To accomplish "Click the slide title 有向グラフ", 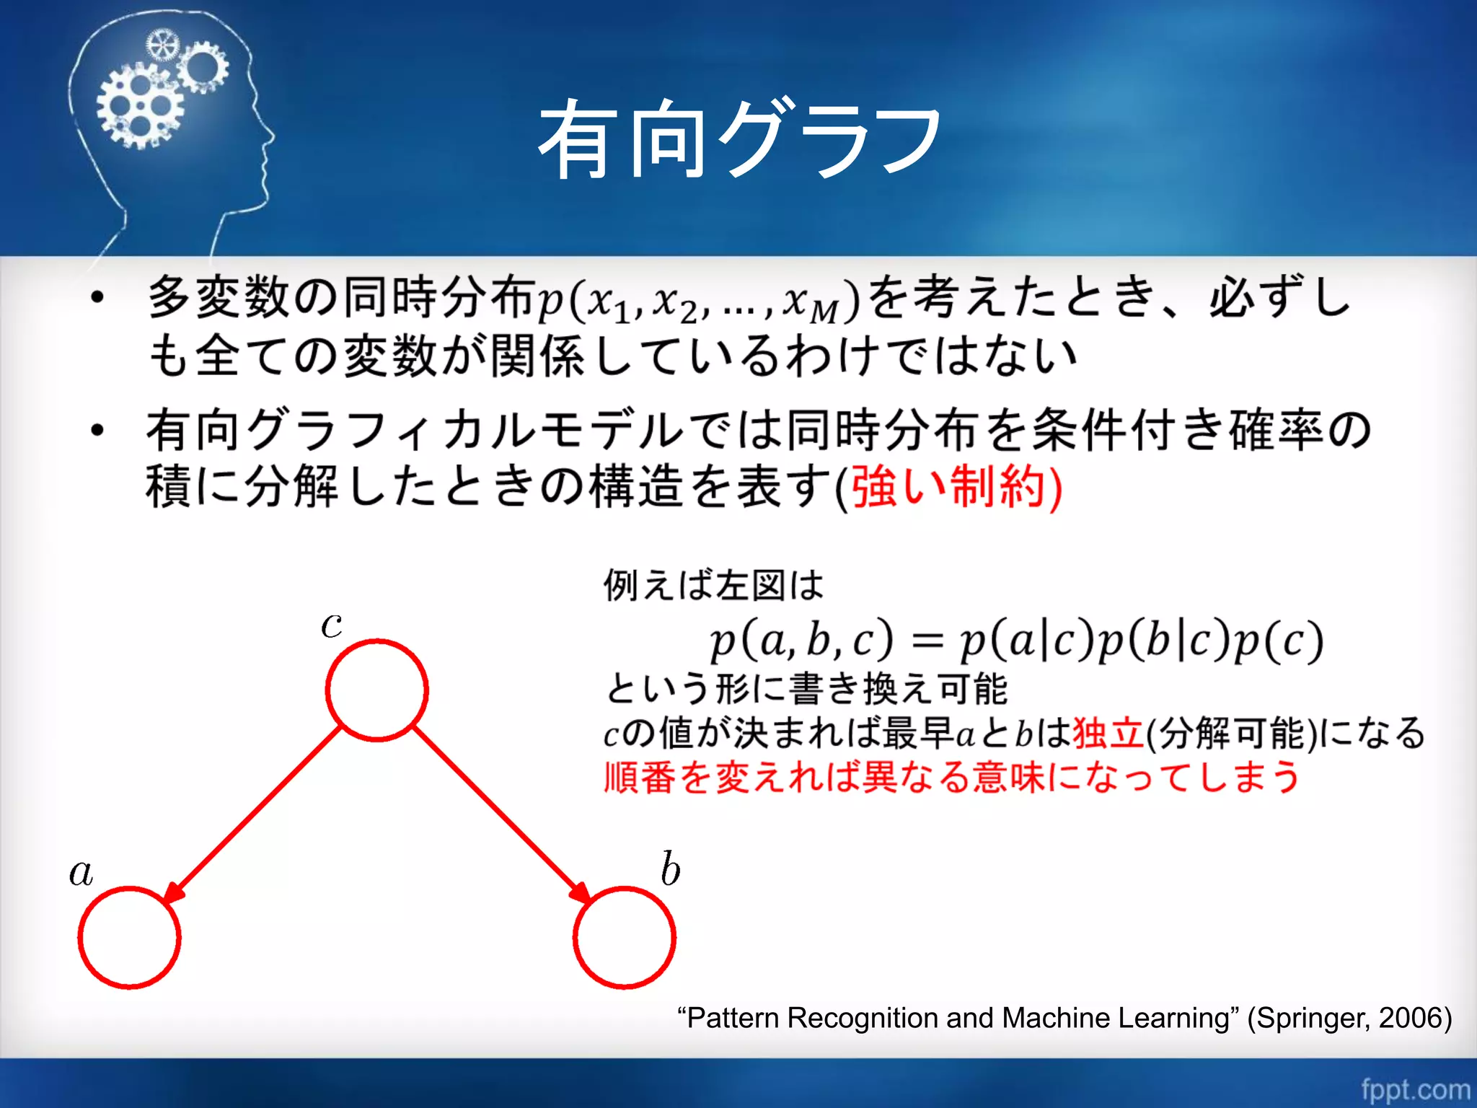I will click(740, 138).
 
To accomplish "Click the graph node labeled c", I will click(376, 690).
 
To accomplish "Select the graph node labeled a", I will click(129, 937).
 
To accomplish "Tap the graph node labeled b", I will click(625, 937).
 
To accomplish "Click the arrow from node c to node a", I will click(252, 815).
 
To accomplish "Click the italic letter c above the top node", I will click(332, 624).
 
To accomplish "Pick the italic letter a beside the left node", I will click(81, 872).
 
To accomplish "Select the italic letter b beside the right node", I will click(670, 869).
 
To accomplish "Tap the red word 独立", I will click(1108, 734).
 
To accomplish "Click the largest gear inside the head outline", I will click(140, 106).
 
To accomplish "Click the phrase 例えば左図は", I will click(713, 584).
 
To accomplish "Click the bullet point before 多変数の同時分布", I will click(98, 297).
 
